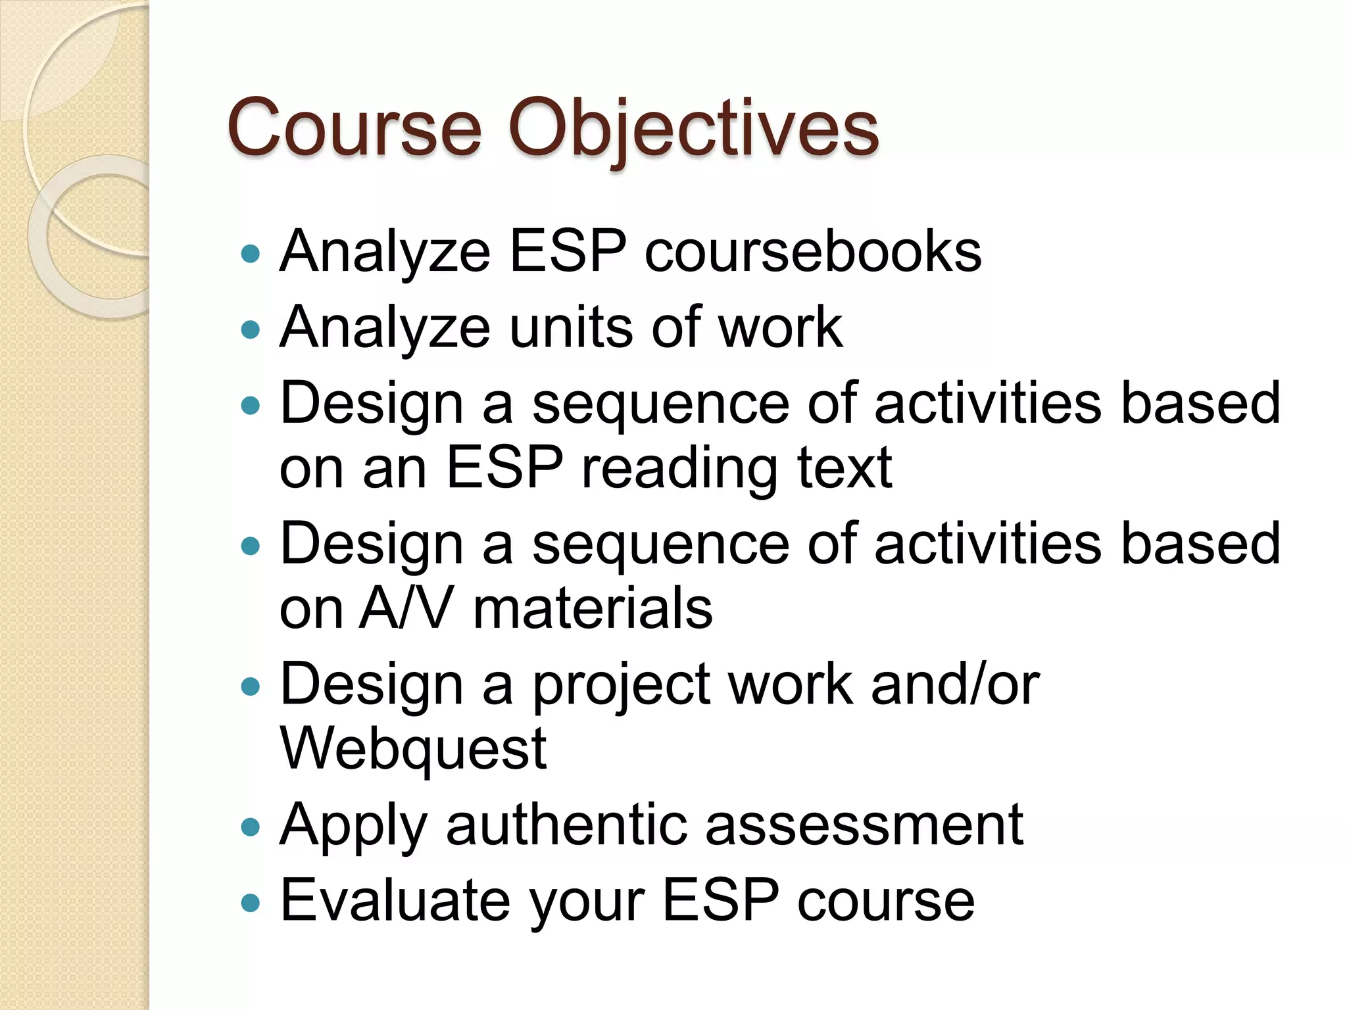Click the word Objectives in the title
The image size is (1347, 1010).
(x=693, y=128)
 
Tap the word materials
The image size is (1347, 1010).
(x=593, y=608)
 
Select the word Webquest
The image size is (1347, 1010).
(x=413, y=750)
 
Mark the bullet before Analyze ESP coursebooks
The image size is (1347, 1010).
(x=251, y=254)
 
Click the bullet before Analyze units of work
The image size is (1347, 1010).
(x=251, y=329)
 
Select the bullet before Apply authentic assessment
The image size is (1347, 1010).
(x=251, y=827)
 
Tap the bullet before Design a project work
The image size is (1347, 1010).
(x=251, y=686)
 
